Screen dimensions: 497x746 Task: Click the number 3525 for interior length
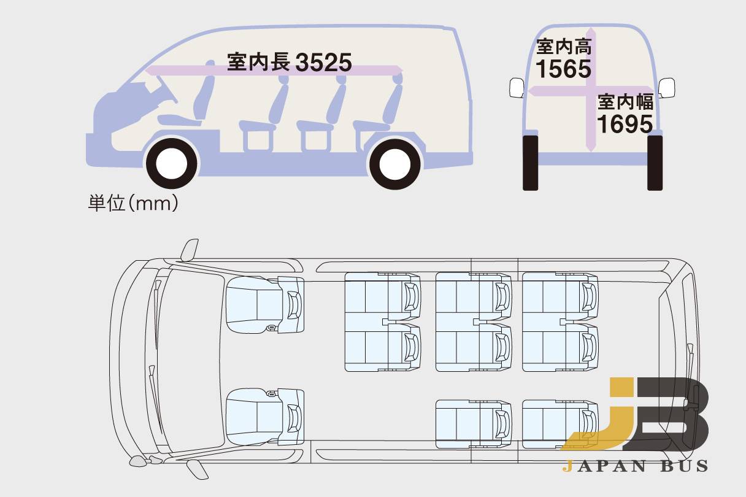tap(323, 63)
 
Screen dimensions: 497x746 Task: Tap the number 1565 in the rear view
tap(563, 69)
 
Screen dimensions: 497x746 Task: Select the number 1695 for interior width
tap(624, 124)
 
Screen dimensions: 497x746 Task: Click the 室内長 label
tap(258, 62)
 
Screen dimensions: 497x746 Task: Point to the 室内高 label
tap(563, 46)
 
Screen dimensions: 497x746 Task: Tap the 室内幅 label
tap(625, 101)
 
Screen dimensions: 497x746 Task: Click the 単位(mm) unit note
tap(133, 203)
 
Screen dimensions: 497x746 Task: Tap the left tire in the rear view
tap(530, 163)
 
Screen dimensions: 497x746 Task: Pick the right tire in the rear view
tap(655, 163)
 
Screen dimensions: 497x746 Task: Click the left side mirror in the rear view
tap(516, 88)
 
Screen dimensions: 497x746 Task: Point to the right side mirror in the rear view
tap(667, 87)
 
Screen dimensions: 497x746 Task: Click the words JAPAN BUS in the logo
tap(634, 466)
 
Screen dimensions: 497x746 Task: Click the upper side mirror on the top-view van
tap(190, 249)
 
